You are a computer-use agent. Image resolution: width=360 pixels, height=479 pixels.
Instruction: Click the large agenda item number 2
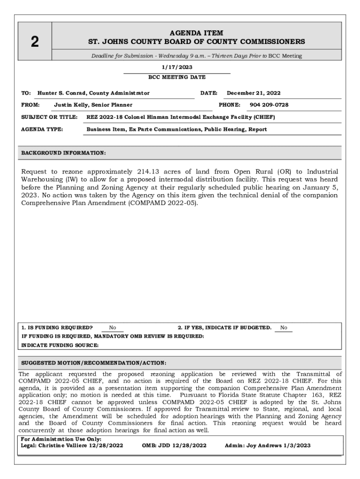pos(35,42)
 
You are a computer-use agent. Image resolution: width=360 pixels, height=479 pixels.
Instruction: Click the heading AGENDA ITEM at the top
pos(196,33)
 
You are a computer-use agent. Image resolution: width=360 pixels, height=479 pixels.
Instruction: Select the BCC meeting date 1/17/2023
pos(177,68)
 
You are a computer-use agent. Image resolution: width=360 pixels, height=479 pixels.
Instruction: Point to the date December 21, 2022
pos(254,93)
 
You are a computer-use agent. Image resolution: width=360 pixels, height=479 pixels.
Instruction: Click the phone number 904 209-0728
pos(269,105)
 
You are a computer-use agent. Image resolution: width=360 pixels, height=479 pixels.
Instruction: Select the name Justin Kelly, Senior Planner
pos(93,105)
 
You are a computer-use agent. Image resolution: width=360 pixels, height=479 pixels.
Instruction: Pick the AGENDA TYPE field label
pos(43,129)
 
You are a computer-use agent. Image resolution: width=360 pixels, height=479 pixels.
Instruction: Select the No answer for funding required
pos(113,328)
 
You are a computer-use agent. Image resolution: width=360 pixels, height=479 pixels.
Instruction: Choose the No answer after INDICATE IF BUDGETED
pos(284,328)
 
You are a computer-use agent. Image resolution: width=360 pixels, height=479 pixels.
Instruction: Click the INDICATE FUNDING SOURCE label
pos(60,345)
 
